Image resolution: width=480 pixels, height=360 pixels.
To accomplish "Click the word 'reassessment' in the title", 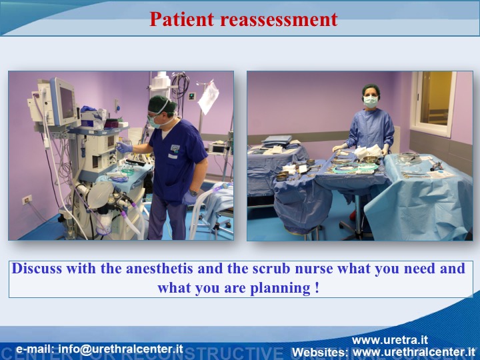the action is point(279,19).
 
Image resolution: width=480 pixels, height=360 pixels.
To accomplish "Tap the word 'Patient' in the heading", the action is point(182,19).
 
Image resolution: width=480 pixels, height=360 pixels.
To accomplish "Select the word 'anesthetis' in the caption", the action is point(159,269).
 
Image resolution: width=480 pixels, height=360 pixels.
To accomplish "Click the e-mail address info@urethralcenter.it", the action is point(121,349).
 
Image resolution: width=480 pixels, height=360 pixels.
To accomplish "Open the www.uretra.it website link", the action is point(390,340).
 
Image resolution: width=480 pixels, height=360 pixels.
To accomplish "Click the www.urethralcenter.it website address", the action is point(414,352).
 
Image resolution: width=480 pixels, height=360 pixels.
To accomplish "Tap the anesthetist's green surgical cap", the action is point(161,105).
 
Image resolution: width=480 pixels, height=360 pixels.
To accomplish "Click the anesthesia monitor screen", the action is point(67,102).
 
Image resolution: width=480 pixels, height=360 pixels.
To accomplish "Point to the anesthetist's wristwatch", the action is point(193,193).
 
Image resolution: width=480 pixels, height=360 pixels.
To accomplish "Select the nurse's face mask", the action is point(371,101).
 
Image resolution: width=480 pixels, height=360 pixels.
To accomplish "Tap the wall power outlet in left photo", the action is point(27,200).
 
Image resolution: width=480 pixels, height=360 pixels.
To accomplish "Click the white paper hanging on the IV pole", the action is point(209,97).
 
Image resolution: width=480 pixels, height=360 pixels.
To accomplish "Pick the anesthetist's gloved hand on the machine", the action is point(124,147).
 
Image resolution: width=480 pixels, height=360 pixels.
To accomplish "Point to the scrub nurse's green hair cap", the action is point(371,90).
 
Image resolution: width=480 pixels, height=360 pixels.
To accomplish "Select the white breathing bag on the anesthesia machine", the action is point(100,195).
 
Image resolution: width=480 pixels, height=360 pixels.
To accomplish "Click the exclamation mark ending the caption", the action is point(317,287).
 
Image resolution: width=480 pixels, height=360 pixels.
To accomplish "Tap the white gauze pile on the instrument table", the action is point(368,151).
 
